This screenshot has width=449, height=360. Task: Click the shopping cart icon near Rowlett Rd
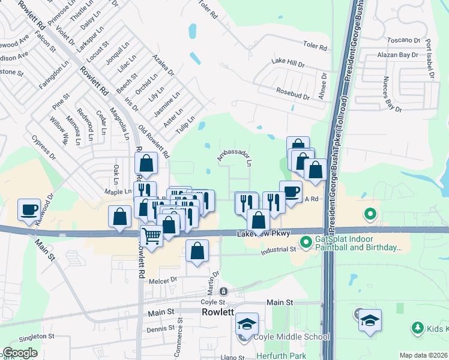point(152,235)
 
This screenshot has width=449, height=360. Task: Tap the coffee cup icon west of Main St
point(29,210)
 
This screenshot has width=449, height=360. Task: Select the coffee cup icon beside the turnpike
point(291,191)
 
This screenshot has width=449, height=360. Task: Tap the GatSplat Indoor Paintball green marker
point(306,242)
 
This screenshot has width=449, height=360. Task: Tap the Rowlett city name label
point(217,313)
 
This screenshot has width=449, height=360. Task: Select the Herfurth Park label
point(282,356)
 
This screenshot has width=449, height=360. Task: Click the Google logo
point(20,353)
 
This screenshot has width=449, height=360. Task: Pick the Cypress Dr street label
point(44,148)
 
